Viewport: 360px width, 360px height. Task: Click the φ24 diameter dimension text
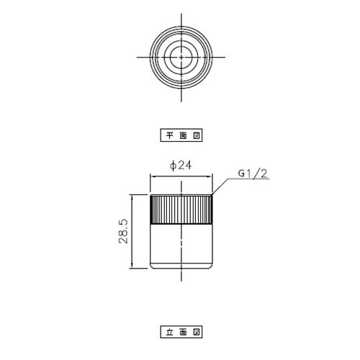tap(181, 166)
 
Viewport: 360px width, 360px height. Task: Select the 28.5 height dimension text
tap(124, 231)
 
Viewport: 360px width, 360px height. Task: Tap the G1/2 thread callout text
tap(253, 174)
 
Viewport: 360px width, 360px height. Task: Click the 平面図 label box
tap(181, 135)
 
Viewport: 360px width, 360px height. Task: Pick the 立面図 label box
tap(181, 332)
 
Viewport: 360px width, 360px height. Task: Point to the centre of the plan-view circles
tap(181, 57)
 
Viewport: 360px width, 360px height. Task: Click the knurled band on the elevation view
tap(181, 210)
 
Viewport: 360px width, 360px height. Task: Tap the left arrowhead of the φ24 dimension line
tap(153, 176)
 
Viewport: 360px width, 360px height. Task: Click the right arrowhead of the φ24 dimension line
tap(210, 176)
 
